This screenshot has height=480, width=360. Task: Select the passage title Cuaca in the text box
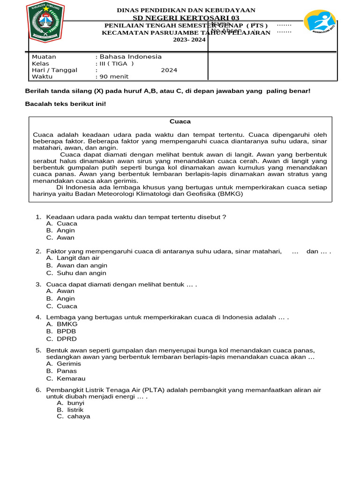[180, 121]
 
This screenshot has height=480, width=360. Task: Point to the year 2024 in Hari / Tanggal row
[169, 70]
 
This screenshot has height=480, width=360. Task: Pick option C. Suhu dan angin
[76, 273]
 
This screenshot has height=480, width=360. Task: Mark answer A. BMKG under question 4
[61, 324]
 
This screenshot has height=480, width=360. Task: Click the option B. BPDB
[61, 331]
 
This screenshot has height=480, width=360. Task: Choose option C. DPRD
[61, 339]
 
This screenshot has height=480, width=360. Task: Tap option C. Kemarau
[66, 379]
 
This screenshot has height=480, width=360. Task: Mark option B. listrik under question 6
[70, 410]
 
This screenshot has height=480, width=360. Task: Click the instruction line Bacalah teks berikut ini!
[65, 104]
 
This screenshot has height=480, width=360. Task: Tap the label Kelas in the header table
[40, 64]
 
